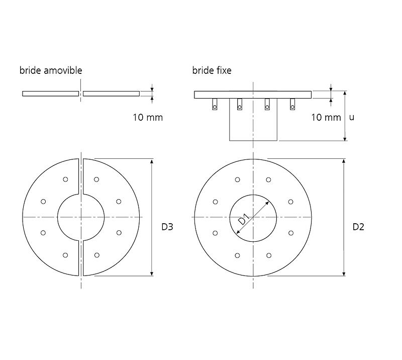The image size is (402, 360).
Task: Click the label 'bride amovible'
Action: [x=51, y=70]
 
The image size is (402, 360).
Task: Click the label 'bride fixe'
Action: [x=212, y=70]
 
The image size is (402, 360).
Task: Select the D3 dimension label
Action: [x=167, y=227]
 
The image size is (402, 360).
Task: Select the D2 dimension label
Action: [x=358, y=227]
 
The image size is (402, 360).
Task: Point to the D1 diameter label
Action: [x=244, y=219]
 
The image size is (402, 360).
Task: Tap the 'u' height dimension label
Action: [x=352, y=118]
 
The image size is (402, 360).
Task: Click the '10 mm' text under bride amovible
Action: [x=148, y=118]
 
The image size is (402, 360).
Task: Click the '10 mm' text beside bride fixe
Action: [x=326, y=118]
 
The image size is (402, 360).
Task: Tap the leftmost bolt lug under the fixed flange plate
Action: [x=215, y=105]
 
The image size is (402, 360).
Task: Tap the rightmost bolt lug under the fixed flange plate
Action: [x=292, y=105]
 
